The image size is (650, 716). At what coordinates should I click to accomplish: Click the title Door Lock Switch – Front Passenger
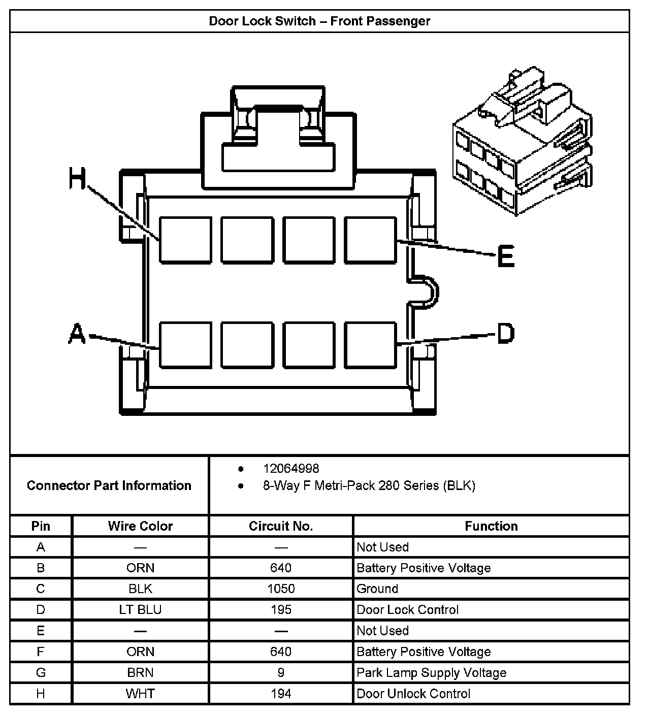click(x=319, y=21)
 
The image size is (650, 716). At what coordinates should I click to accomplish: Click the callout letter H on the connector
click(x=78, y=179)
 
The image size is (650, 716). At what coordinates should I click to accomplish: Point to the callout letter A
click(x=77, y=334)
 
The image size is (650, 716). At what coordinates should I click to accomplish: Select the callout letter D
click(x=505, y=334)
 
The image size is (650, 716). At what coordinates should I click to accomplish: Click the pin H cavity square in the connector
click(x=185, y=240)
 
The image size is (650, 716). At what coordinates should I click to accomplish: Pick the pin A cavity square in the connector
click(x=185, y=344)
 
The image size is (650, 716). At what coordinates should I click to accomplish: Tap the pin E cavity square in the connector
click(x=370, y=240)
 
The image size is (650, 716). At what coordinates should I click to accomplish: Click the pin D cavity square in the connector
click(x=370, y=344)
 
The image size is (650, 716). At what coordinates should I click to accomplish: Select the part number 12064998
click(x=291, y=468)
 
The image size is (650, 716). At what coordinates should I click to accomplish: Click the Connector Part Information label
click(x=109, y=485)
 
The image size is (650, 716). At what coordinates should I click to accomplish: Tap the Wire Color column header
click(x=140, y=526)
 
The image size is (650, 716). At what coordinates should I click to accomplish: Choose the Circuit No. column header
click(x=281, y=526)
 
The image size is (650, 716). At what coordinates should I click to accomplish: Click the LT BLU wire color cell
click(x=140, y=609)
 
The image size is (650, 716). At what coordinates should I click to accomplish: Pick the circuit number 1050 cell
click(x=281, y=589)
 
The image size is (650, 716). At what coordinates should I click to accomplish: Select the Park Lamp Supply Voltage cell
click(x=432, y=673)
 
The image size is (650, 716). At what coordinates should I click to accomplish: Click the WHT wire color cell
click(x=140, y=694)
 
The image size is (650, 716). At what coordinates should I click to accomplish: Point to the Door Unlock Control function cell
click(x=413, y=694)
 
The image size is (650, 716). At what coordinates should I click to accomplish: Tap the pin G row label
click(x=41, y=673)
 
